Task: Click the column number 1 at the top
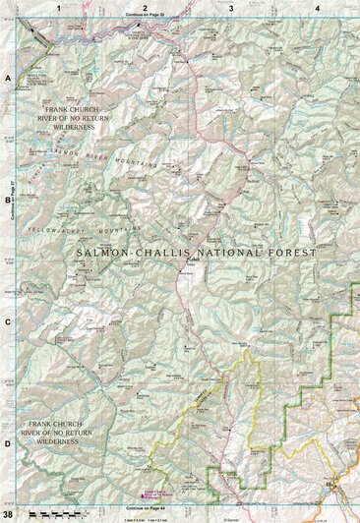click(59, 7)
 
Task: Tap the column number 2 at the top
click(145, 7)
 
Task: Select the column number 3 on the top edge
click(231, 7)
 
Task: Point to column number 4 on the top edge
click(317, 7)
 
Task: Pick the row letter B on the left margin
click(8, 198)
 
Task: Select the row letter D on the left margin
click(8, 443)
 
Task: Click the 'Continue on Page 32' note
click(145, 17)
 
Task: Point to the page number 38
click(8, 515)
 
